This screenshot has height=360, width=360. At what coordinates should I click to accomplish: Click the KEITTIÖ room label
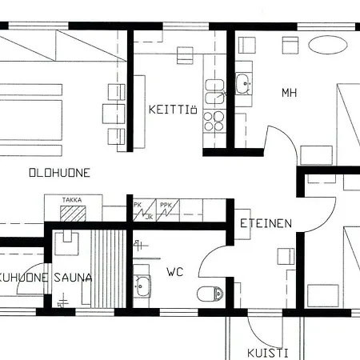tap(173, 110)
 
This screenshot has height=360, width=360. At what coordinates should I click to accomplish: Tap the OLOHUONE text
tap(59, 172)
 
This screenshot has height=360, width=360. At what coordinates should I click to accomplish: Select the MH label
tap(289, 93)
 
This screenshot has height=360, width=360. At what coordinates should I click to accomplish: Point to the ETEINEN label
tap(266, 224)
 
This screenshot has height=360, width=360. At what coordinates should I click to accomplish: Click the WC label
tap(175, 273)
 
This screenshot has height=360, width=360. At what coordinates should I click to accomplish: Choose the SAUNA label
tap(74, 278)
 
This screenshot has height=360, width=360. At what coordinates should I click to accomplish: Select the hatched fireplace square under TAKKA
tap(74, 214)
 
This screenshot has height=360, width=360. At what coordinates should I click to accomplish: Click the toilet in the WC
tap(211, 294)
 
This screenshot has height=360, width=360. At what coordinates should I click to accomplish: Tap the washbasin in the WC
tap(142, 284)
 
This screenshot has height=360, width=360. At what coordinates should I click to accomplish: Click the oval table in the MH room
tap(330, 43)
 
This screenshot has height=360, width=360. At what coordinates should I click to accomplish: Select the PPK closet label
tap(166, 205)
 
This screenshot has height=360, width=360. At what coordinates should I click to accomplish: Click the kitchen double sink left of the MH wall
tap(214, 90)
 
